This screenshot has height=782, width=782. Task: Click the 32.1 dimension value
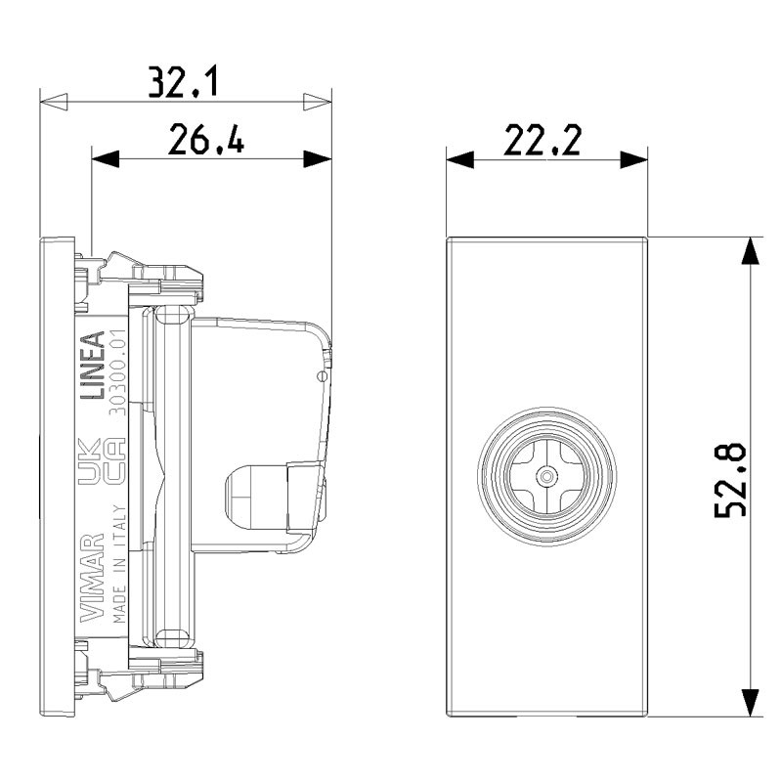[x=183, y=82]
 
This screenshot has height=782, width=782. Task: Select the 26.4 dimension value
[x=206, y=139]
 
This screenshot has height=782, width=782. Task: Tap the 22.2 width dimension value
[x=543, y=140]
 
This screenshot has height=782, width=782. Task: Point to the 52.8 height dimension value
[x=730, y=480]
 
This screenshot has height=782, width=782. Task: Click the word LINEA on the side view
[x=93, y=365]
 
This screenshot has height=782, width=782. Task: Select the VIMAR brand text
[x=92, y=578]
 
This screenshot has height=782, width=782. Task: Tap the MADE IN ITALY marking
[x=118, y=564]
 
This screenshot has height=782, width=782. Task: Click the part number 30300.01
[x=117, y=372]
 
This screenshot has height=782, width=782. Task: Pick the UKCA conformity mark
[x=102, y=461]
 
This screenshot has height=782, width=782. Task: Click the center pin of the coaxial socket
[x=546, y=476]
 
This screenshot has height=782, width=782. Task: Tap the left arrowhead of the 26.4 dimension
[x=106, y=159]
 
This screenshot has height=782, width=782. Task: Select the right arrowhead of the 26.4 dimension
[x=317, y=159]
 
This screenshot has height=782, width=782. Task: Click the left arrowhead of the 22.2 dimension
[x=459, y=159]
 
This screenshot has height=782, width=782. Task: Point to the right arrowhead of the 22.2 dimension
[x=633, y=159]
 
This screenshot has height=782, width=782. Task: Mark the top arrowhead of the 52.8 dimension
[x=750, y=251]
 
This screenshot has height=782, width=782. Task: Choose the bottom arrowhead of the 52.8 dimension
[x=750, y=703]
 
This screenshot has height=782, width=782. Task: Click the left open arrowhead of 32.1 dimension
[x=54, y=102]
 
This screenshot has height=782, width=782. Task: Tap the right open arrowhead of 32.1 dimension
[x=317, y=102]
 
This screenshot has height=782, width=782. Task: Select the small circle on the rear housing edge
[x=323, y=376]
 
